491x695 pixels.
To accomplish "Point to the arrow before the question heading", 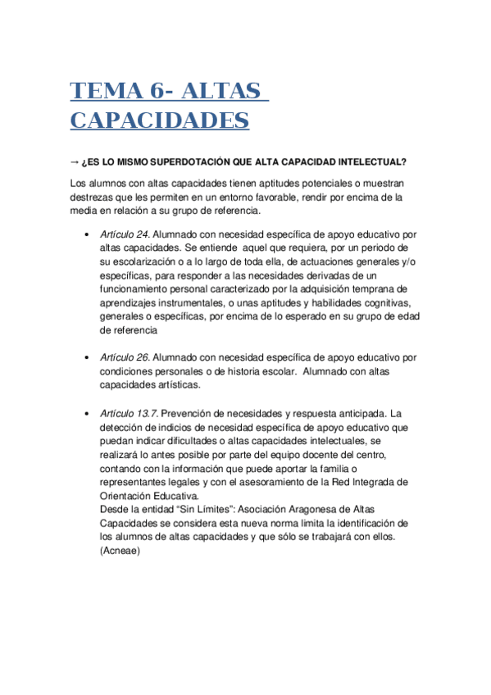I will (x=76, y=161).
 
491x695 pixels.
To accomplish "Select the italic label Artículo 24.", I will (x=125, y=234).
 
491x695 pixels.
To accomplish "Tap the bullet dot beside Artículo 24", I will (x=87, y=234).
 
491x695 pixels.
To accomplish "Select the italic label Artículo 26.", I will (x=125, y=357).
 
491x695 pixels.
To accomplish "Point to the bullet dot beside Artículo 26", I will (x=87, y=358).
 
